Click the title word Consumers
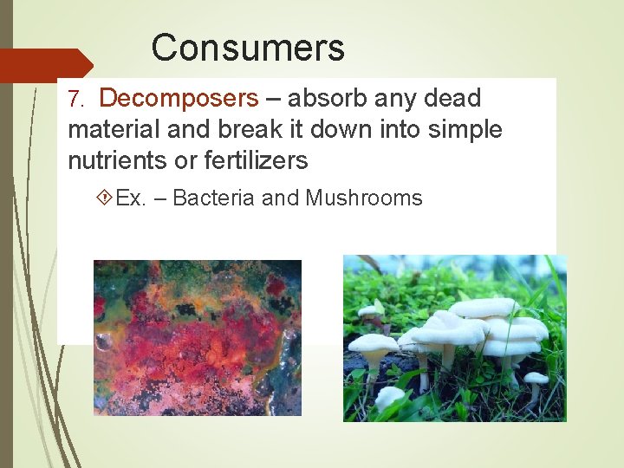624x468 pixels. [248, 48]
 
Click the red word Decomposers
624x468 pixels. [185, 99]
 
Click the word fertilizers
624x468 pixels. [257, 161]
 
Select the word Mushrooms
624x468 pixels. [364, 198]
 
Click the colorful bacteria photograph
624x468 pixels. [198, 337]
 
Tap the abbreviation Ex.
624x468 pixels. [130, 198]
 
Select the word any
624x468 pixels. [398, 99]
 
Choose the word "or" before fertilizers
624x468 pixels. [190, 161]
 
